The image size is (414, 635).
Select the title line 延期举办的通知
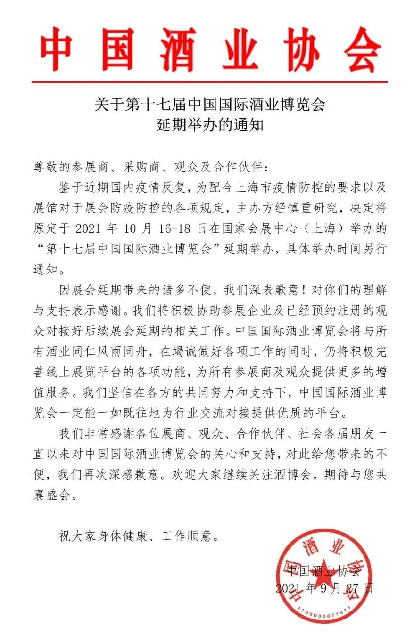pyautogui.click(x=210, y=126)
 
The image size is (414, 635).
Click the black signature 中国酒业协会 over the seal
pyautogui.click(x=323, y=570)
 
